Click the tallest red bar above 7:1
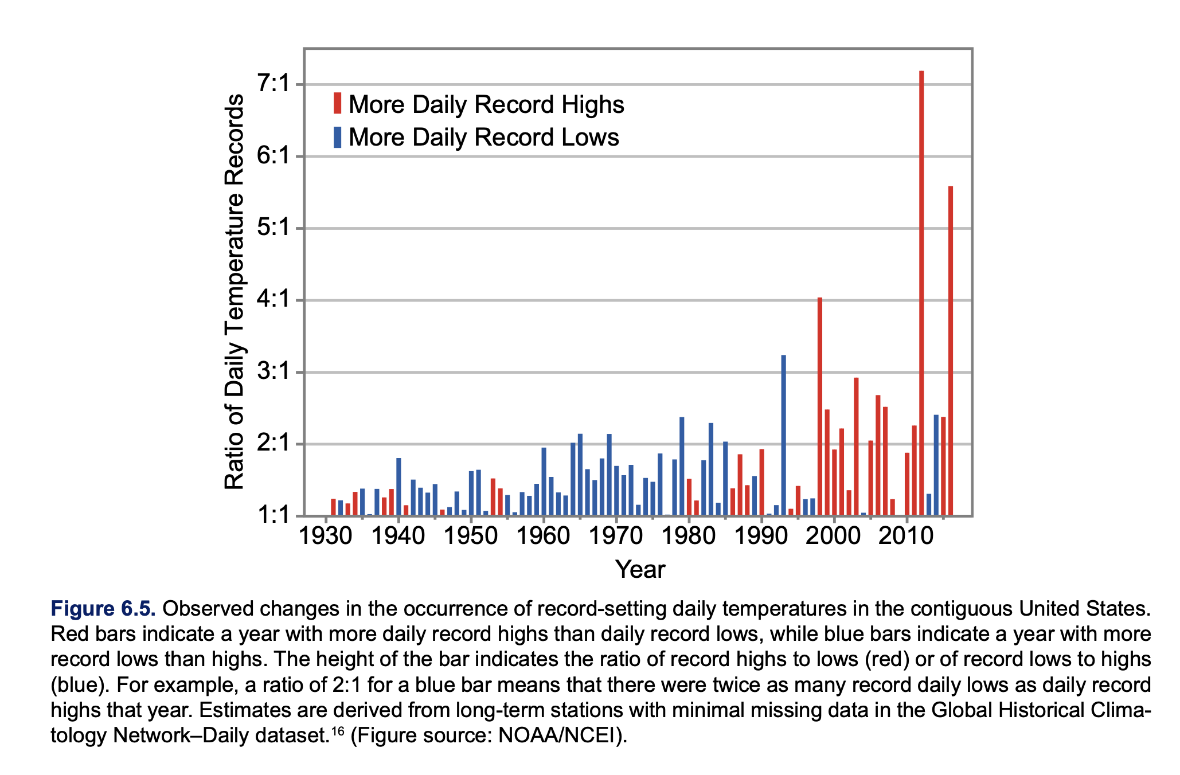click(x=921, y=293)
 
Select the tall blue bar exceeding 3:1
click(x=783, y=435)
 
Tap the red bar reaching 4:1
click(x=820, y=406)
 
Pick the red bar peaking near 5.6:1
click(x=951, y=351)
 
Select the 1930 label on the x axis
click(x=326, y=537)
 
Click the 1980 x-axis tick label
click(x=689, y=537)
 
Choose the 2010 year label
click(x=907, y=537)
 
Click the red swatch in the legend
click(x=338, y=103)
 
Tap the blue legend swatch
click(x=338, y=137)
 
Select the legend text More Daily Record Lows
click(x=484, y=138)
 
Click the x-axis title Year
click(x=640, y=570)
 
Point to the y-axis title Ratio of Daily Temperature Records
click(x=234, y=292)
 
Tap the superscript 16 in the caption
click(x=338, y=730)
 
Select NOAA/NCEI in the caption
click(x=558, y=735)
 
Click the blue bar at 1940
click(x=398, y=487)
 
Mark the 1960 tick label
click(x=544, y=537)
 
